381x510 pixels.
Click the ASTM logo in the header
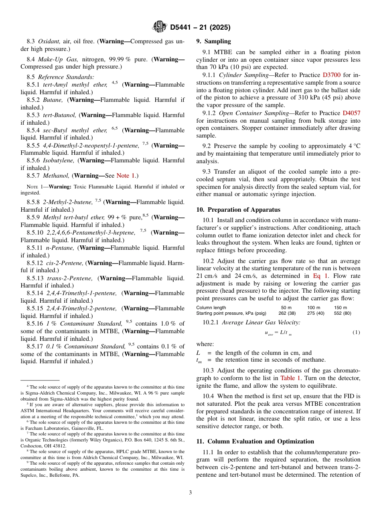160,27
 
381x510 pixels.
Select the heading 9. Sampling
213,41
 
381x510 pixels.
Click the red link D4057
351,113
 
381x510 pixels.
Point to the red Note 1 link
125,176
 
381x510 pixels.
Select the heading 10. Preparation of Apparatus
238,210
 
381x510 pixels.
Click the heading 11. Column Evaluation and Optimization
255,441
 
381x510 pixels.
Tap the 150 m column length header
340,308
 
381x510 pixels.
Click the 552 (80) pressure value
342,313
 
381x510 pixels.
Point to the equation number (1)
356,333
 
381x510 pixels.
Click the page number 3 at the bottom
190,492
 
